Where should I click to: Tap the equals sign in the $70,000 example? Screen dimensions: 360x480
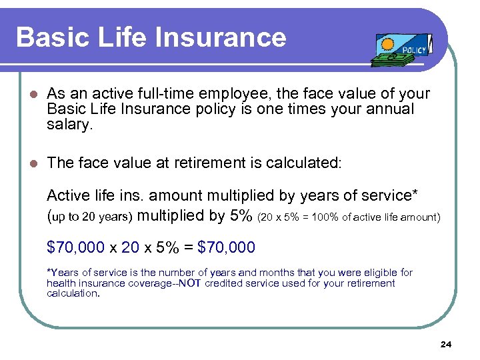186,247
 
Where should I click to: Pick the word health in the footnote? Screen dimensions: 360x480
62,283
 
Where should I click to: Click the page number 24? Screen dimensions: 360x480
446,345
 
